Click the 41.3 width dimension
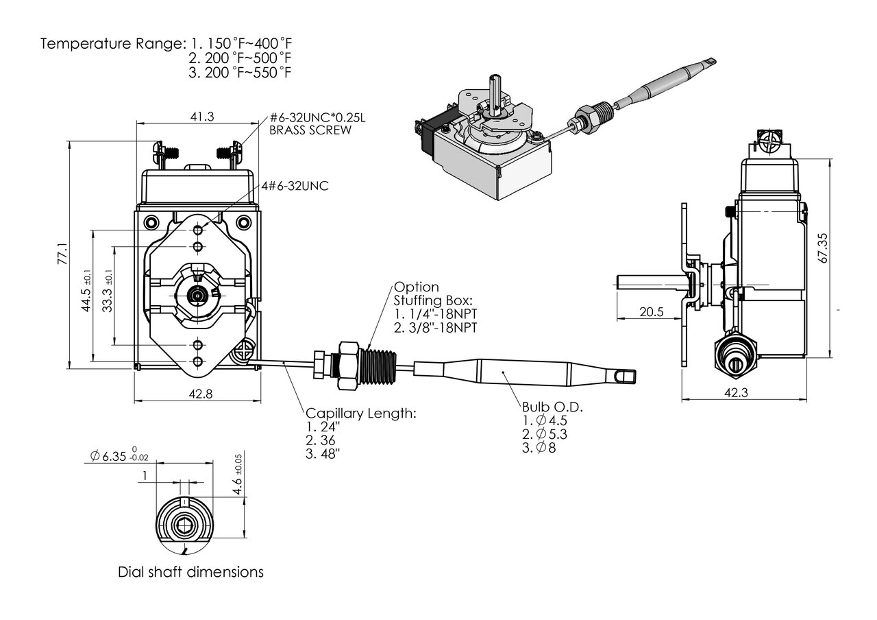(x=201, y=117)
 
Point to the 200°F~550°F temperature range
(x=240, y=72)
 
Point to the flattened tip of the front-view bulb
(x=623, y=376)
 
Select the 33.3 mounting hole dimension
(x=107, y=294)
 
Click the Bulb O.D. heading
(x=552, y=407)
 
